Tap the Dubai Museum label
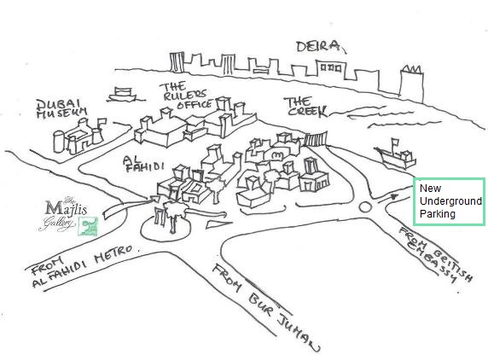[x=61, y=109]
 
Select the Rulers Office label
[x=185, y=96]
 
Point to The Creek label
[x=305, y=107]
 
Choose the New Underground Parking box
[x=449, y=201]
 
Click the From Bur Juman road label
[x=265, y=307]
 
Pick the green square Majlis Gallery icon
[x=88, y=226]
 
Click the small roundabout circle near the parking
[x=365, y=207]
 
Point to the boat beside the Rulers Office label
[x=122, y=95]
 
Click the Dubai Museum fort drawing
[x=79, y=136]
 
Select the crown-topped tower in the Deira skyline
[x=411, y=84]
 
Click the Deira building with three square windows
[x=331, y=69]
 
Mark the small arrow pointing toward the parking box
[x=388, y=198]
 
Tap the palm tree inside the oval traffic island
[x=174, y=216]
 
